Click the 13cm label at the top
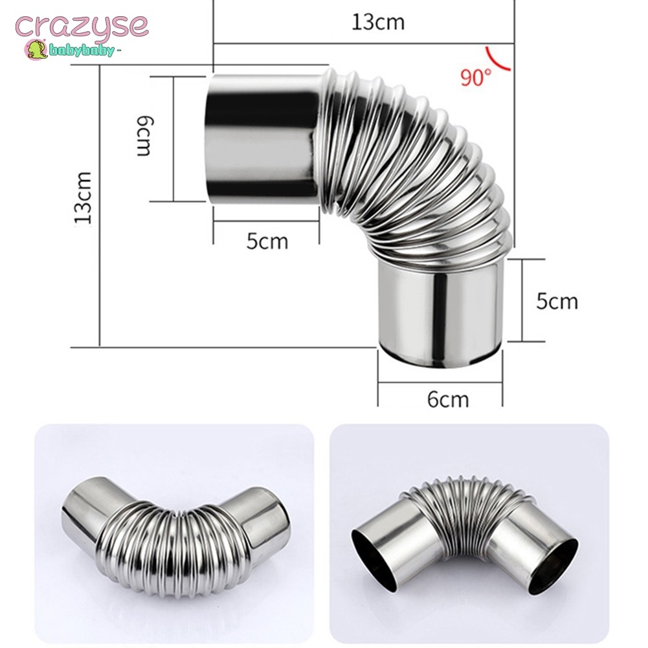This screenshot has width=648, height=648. click(x=377, y=22)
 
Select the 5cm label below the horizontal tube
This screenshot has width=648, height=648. click(x=267, y=241)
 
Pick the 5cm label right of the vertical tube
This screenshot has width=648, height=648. click(x=557, y=301)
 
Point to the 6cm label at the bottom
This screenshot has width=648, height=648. click(x=448, y=399)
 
